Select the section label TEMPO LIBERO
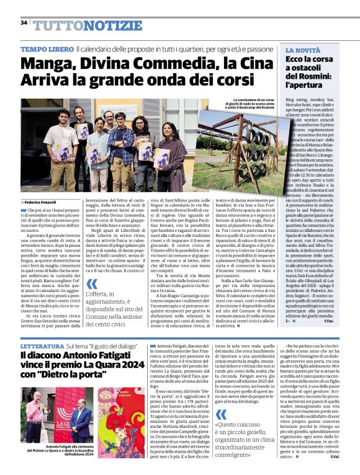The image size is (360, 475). click(x=47, y=49)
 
